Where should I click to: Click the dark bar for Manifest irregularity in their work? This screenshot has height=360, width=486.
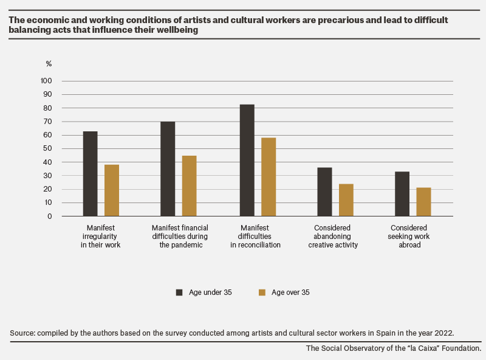click(x=90, y=174)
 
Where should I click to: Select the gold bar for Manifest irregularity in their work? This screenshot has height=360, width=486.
click(x=112, y=190)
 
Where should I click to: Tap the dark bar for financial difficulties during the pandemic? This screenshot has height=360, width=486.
click(x=168, y=169)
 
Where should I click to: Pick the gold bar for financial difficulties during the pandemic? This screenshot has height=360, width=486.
click(x=189, y=186)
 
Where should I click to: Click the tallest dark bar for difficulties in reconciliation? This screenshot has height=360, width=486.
click(x=247, y=161)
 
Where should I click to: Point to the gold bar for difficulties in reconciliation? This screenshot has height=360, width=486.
click(x=269, y=177)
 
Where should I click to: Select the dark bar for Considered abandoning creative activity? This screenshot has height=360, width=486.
click(x=324, y=192)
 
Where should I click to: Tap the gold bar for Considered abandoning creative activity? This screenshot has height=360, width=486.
click(x=346, y=200)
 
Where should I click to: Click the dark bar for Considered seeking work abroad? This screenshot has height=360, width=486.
click(x=402, y=194)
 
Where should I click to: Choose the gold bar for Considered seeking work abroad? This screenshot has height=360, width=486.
click(x=423, y=202)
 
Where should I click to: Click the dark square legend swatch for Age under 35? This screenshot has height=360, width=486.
click(x=179, y=292)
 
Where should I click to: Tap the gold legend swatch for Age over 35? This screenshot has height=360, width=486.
click(x=262, y=292)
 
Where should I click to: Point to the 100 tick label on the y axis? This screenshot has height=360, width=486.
click(x=46, y=81)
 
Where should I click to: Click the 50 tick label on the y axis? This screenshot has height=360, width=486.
click(x=47, y=148)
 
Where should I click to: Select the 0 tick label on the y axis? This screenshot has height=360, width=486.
click(x=50, y=216)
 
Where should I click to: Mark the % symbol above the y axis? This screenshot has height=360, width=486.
click(x=49, y=64)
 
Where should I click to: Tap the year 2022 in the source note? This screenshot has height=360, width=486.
click(x=444, y=333)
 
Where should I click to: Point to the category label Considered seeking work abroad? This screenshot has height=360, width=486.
click(x=409, y=236)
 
